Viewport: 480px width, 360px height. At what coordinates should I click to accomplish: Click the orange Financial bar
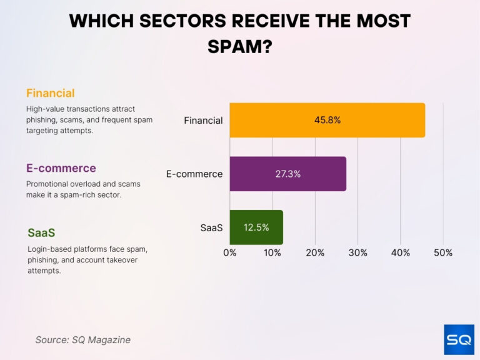(327, 120)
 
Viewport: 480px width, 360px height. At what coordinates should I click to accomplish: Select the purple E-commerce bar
(287, 174)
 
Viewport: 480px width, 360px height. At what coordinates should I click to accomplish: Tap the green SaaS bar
(256, 227)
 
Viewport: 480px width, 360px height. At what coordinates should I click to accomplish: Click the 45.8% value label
(327, 120)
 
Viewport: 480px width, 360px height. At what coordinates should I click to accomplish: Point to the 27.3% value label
(288, 174)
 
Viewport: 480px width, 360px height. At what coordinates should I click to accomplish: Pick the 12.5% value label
(256, 227)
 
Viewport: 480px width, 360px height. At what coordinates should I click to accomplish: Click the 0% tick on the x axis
(230, 252)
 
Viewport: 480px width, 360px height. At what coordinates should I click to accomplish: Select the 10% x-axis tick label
(272, 252)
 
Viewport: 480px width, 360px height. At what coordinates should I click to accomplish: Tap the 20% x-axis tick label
(315, 252)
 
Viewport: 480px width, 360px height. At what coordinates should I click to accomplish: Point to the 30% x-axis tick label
(357, 252)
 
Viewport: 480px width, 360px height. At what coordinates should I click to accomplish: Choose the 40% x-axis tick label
(401, 252)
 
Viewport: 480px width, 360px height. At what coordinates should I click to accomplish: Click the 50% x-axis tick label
(443, 252)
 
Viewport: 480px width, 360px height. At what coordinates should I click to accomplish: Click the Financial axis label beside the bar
(203, 120)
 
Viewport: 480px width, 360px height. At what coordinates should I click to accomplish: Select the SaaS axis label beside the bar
(211, 227)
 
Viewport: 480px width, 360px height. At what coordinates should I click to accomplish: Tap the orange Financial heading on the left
(50, 93)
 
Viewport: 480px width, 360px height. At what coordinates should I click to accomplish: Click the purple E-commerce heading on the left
(61, 168)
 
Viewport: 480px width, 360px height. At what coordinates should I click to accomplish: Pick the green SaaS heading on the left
(41, 232)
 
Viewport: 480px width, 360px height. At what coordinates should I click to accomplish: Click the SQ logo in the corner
(459, 339)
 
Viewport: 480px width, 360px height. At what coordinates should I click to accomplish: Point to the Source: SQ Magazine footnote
(82, 340)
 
